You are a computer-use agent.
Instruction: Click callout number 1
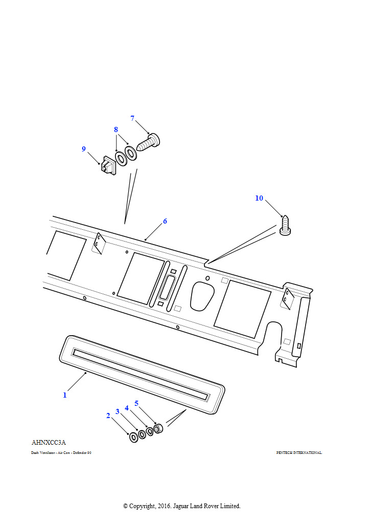(x=65, y=395)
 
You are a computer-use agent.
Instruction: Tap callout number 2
(x=108, y=416)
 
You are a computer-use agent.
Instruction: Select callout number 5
(x=136, y=403)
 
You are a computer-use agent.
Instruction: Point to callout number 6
(x=165, y=222)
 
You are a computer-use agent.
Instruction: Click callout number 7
(x=132, y=118)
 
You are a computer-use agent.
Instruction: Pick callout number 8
(x=116, y=129)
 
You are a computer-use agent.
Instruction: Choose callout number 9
(x=84, y=149)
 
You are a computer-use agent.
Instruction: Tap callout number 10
(x=259, y=198)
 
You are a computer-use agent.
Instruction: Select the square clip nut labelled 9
(x=107, y=165)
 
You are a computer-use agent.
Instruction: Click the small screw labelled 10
(x=285, y=227)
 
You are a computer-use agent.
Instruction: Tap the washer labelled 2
(x=133, y=436)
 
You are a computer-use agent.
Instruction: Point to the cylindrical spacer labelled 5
(x=158, y=428)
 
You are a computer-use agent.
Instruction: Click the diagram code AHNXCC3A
(x=49, y=443)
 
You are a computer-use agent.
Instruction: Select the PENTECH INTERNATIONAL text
(x=299, y=453)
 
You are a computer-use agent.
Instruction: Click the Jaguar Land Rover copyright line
(x=181, y=506)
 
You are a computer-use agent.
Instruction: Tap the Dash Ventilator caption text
(x=61, y=453)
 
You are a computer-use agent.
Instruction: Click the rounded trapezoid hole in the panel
(x=202, y=296)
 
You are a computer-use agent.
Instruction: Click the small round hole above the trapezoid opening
(x=207, y=278)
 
